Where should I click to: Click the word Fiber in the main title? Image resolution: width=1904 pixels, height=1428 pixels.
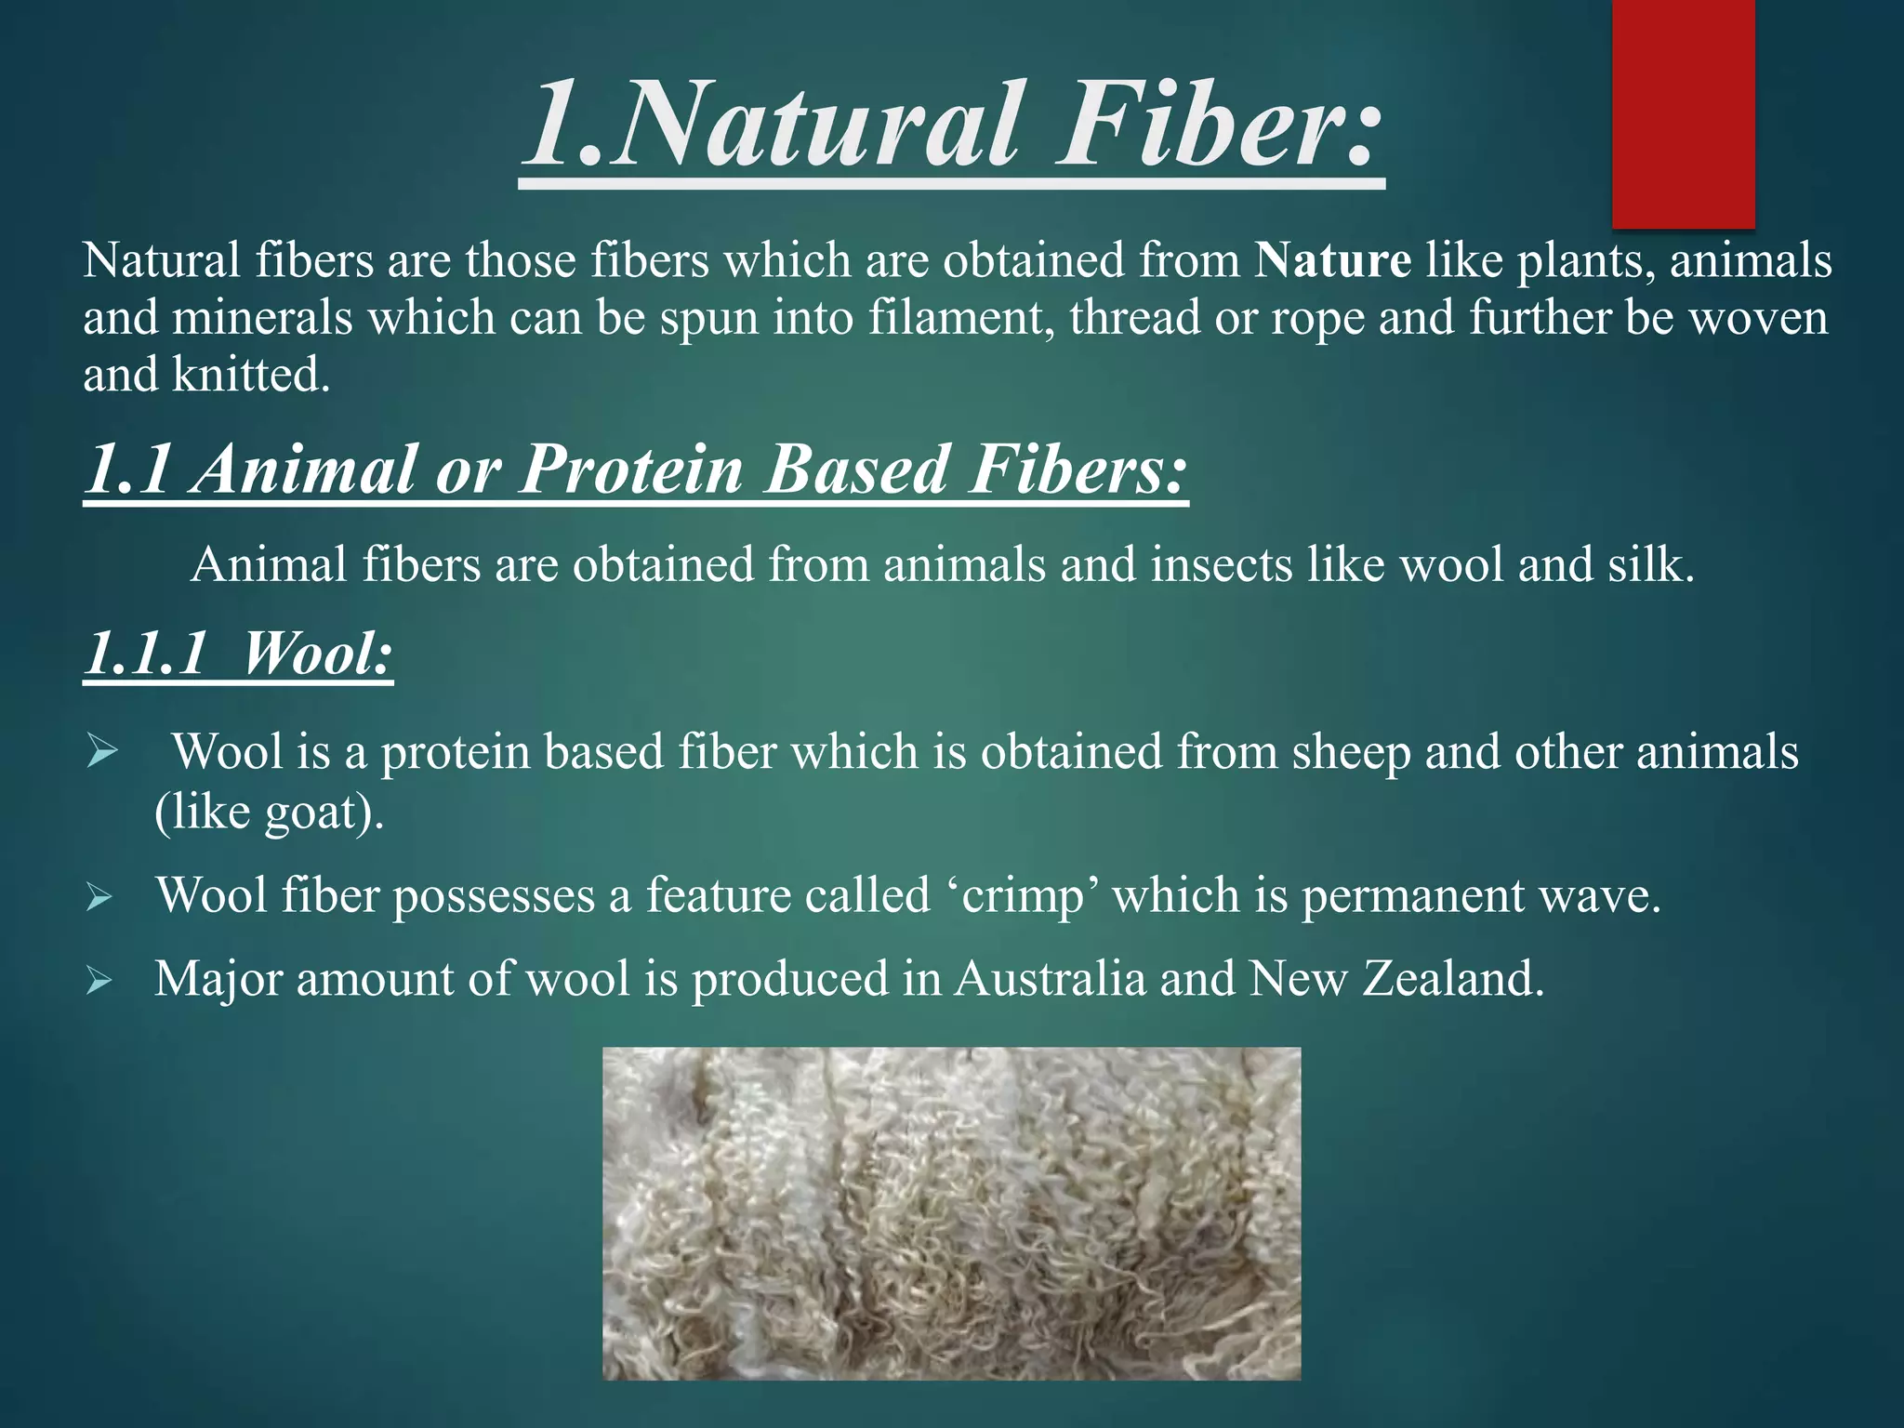tap(1218, 126)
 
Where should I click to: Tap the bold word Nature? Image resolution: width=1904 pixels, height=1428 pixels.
tap(1332, 260)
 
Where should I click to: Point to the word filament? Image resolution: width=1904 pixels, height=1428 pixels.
tap(961, 318)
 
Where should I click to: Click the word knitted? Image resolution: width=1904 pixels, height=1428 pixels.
tap(251, 376)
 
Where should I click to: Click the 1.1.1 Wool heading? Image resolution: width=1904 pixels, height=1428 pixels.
tap(238, 654)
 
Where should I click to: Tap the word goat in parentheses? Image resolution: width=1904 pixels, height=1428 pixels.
tap(311, 813)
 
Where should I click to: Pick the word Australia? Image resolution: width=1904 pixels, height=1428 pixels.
tap(1050, 979)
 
